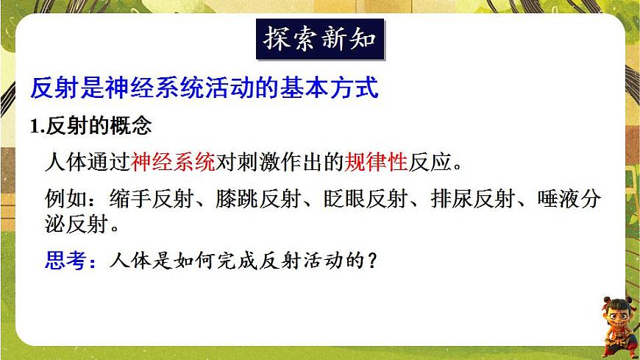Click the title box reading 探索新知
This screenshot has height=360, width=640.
pyautogui.click(x=320, y=40)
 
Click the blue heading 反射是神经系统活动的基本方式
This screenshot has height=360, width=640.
pyautogui.click(x=205, y=89)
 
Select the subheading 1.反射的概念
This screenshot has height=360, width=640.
pyautogui.click(x=91, y=126)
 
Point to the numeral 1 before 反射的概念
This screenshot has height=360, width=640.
pyautogui.click(x=35, y=127)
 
